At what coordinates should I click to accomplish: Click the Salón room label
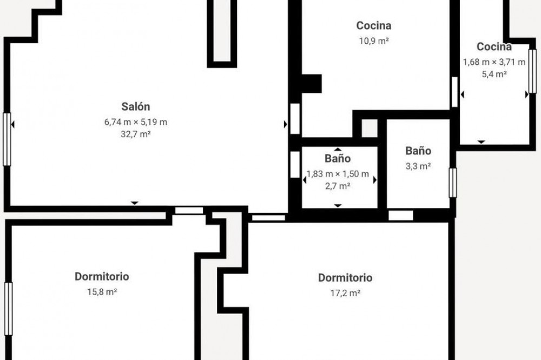[x=136, y=106]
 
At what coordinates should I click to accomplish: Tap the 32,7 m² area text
[x=136, y=134]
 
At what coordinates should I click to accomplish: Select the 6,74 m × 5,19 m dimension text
[x=136, y=122]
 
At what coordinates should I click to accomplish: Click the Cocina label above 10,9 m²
[x=374, y=25]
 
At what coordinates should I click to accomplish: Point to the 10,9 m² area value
[x=374, y=41]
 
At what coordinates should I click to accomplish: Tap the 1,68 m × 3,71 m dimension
[x=494, y=62]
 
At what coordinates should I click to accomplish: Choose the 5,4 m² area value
[x=494, y=74]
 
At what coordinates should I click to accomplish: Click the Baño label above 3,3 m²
[x=418, y=151]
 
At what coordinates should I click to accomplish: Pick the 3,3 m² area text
[x=418, y=166]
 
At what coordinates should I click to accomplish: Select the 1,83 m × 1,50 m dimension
[x=338, y=174]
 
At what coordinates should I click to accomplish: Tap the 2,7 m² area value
[x=338, y=186]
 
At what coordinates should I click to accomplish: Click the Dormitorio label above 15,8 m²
[x=102, y=277]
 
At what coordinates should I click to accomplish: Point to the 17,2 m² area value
[x=345, y=293]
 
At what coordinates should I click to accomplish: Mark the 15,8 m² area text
[x=102, y=292]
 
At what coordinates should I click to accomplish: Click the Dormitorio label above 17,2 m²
[x=345, y=278]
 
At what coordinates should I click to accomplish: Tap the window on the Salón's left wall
[x=7, y=139]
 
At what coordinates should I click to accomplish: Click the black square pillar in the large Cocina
[x=312, y=83]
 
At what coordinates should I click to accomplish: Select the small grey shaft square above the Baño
[x=370, y=128]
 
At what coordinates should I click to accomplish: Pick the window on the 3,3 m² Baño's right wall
[x=453, y=183]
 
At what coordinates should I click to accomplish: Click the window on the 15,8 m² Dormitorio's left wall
[x=9, y=309]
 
